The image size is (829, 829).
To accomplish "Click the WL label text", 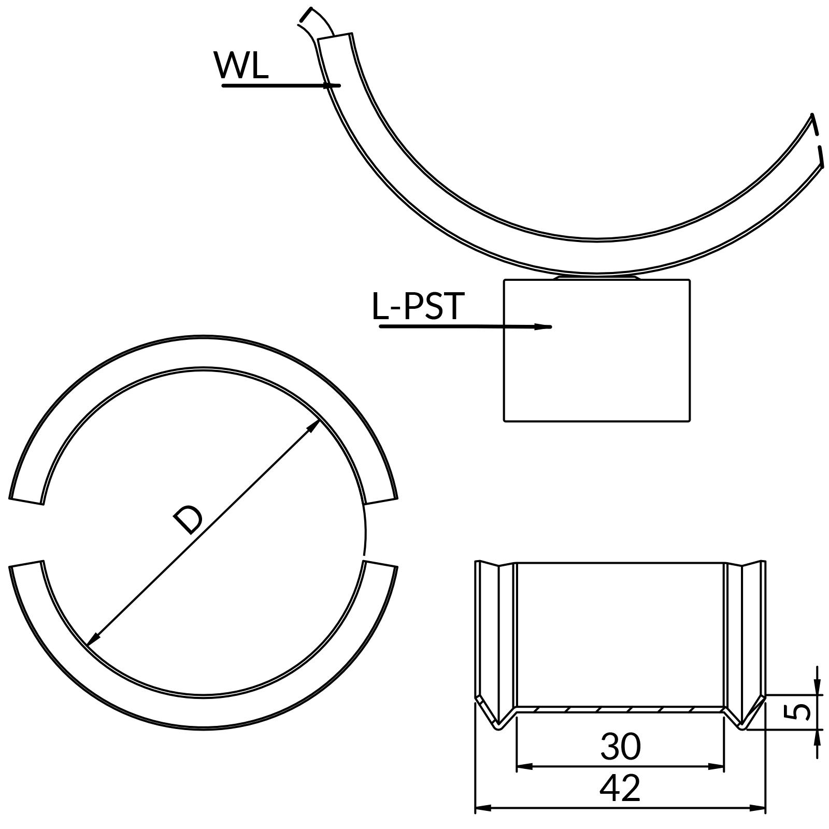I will [x=241, y=66].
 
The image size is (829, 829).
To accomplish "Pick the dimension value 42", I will [x=620, y=788].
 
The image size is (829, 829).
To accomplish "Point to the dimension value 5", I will [x=801, y=712].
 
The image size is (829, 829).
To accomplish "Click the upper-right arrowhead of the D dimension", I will [x=315, y=425].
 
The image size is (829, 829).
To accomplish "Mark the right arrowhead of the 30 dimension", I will [x=718, y=766].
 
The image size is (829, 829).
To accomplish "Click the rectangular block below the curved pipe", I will [x=597, y=373].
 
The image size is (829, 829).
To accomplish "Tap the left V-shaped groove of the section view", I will [x=496, y=718].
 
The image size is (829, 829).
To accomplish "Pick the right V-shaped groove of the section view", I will [x=744, y=718].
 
